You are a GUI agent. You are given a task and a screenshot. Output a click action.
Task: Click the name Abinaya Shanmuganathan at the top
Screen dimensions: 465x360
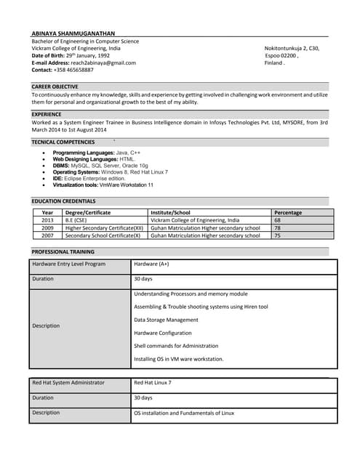(x=73, y=33)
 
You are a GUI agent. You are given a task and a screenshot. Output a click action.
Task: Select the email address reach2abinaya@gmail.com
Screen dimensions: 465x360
(x=84, y=62)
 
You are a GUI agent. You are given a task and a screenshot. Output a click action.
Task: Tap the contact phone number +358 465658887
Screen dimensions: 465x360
(x=63, y=70)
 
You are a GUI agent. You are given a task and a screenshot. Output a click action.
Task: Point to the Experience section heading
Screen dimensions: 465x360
(x=47, y=114)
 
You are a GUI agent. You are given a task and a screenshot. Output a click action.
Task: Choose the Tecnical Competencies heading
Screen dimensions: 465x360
(x=63, y=142)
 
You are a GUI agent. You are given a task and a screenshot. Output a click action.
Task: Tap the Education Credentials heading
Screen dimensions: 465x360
(x=63, y=201)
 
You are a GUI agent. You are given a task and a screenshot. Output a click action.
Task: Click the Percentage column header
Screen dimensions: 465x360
(x=287, y=212)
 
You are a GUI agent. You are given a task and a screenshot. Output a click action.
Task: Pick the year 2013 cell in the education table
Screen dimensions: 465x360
(x=47, y=220)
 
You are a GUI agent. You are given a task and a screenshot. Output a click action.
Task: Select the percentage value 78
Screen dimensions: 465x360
(x=277, y=227)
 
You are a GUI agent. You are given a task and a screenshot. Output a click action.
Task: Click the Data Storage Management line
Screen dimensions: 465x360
(x=166, y=320)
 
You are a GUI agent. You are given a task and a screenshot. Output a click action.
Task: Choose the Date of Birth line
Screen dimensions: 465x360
(x=71, y=55)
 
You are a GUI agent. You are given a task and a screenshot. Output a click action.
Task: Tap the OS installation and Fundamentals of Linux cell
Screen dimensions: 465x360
(x=184, y=413)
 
